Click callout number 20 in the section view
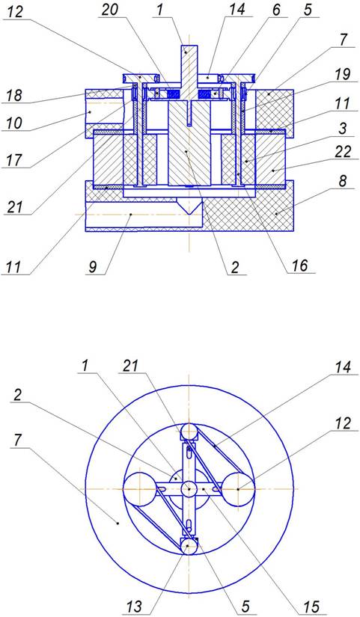110,10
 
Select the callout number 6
276,10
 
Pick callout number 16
299,265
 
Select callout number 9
92,267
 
